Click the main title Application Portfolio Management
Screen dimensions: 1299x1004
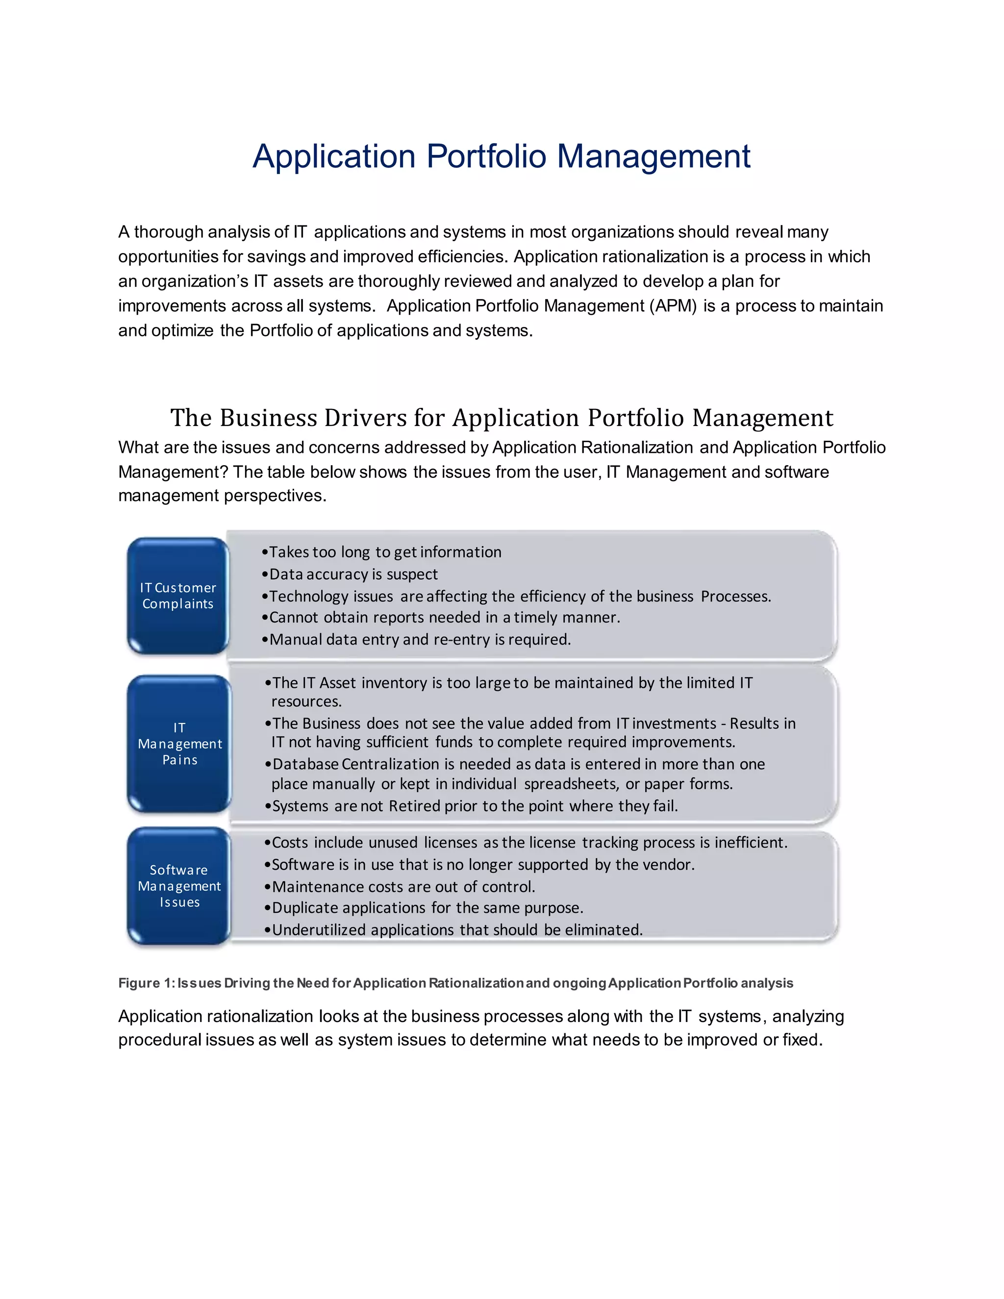coord(502,156)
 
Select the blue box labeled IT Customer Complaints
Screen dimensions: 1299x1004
coord(178,596)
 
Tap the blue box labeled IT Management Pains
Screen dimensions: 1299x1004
coord(179,744)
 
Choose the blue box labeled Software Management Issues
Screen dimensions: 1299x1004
coord(179,886)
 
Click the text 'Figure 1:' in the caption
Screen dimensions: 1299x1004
coord(145,983)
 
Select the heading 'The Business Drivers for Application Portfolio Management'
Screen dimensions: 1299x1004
coord(502,418)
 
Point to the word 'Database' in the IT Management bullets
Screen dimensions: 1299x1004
coord(306,764)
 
